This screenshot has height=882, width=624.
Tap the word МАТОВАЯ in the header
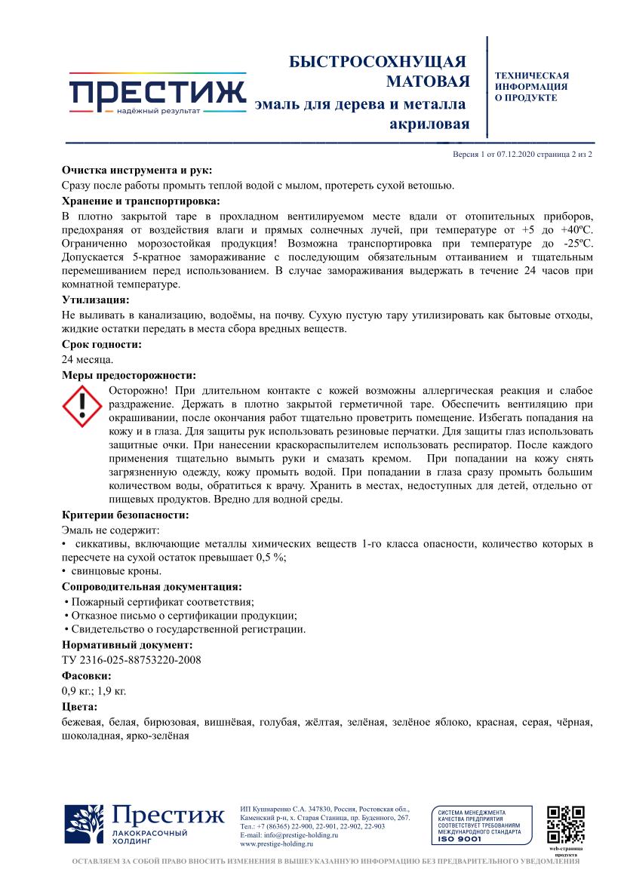[x=428, y=81]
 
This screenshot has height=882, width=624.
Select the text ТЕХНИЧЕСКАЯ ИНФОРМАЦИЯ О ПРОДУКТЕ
[x=531, y=87]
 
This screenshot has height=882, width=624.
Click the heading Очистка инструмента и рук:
[x=137, y=171]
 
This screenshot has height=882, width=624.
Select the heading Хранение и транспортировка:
[x=141, y=201]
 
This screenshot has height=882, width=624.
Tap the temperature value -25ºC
[x=576, y=244]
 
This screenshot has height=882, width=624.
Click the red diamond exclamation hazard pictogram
[x=81, y=408]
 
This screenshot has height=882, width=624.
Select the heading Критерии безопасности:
[x=124, y=515]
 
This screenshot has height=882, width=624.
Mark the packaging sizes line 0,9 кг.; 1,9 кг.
[x=94, y=690]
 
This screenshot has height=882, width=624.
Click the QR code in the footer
[x=565, y=824]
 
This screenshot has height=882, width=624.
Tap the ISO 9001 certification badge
[x=476, y=825]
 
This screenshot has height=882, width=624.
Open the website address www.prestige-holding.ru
[x=276, y=844]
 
